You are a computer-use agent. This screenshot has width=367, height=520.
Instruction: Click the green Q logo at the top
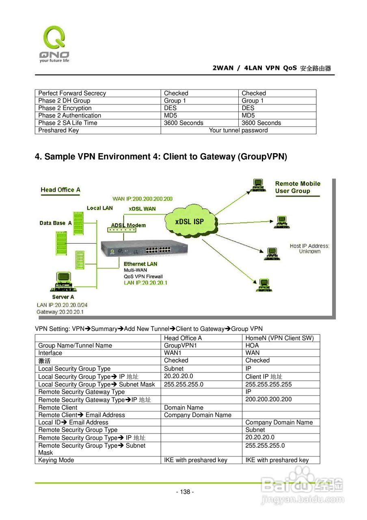(x=54, y=37)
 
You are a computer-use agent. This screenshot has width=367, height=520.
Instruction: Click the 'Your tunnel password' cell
(x=238, y=130)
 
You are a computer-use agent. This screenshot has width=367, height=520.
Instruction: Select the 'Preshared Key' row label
(x=58, y=130)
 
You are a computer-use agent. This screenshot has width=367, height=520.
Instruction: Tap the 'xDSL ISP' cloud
(x=190, y=222)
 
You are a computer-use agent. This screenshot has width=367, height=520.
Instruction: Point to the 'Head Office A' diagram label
(x=60, y=190)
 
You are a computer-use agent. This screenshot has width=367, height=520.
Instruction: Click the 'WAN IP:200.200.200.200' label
(x=142, y=199)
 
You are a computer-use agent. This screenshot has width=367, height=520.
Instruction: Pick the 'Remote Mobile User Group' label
(x=298, y=187)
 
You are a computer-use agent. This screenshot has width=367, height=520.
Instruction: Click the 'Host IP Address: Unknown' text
(x=310, y=249)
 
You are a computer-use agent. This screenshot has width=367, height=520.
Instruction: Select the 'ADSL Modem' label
(x=128, y=225)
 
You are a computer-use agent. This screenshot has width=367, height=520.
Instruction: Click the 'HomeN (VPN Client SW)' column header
(x=279, y=338)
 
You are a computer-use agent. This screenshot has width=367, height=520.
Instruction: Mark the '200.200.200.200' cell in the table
(x=268, y=399)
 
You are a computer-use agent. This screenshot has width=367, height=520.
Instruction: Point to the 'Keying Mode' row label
(x=56, y=460)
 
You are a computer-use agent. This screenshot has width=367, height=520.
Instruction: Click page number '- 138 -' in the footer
(x=185, y=492)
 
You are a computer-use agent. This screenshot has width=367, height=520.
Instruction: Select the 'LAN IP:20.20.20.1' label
(x=146, y=283)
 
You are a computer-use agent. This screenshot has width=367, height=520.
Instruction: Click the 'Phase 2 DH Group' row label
(x=64, y=101)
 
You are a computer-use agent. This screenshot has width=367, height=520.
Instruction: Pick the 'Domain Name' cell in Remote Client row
(x=183, y=407)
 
